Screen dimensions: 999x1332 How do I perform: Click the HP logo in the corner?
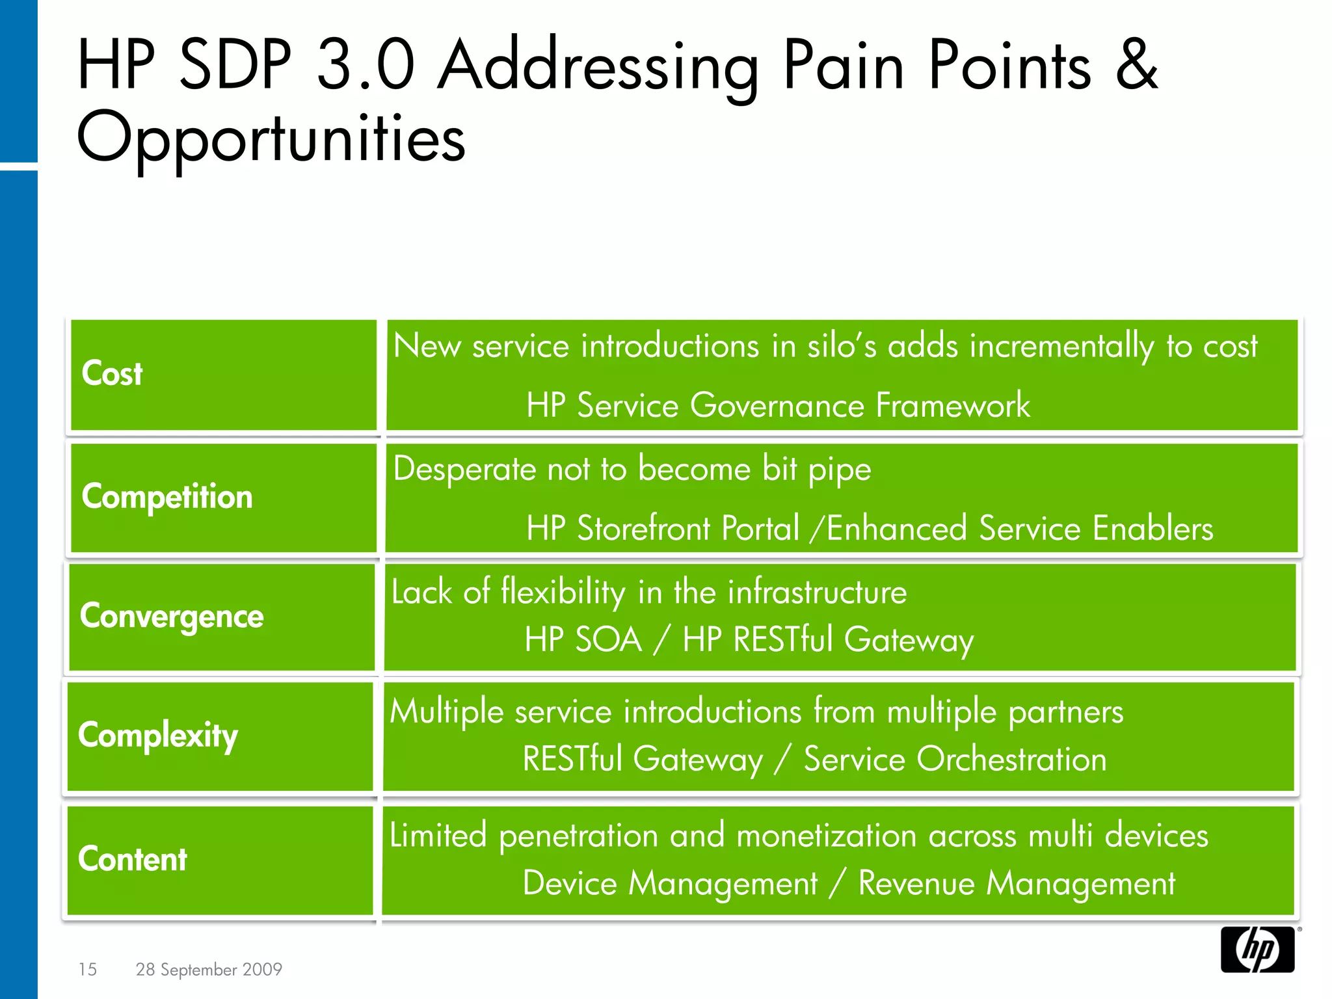1257,950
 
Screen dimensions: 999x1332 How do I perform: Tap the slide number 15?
87,969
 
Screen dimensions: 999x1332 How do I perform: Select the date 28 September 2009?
209,969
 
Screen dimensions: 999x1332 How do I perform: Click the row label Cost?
112,374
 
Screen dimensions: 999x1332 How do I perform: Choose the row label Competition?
167,497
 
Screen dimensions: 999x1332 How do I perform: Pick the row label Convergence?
172,616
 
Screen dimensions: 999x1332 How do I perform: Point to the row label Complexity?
158,736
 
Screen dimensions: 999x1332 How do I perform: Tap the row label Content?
133,859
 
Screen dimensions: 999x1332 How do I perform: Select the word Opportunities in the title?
271,139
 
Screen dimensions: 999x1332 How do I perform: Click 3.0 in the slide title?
366,65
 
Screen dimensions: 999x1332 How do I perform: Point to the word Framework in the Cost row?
953,405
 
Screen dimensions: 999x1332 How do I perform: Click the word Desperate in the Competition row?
464,469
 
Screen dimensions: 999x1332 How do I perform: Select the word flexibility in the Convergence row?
563,593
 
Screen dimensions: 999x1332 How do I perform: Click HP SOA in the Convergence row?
583,639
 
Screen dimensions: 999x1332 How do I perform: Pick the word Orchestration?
1011,759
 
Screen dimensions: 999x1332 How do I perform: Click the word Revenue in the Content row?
915,883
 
